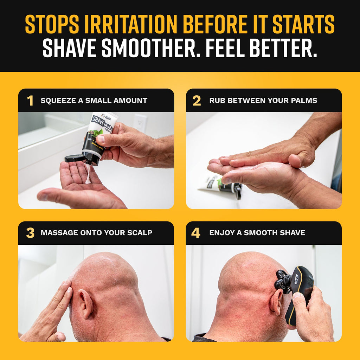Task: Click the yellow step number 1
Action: coord(30,101)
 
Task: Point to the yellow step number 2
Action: coord(197,101)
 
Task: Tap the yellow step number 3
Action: coord(30,233)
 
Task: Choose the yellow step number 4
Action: coord(196,233)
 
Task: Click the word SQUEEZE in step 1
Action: coord(57,101)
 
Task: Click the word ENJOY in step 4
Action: coord(220,233)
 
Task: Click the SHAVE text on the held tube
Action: coord(97,121)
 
